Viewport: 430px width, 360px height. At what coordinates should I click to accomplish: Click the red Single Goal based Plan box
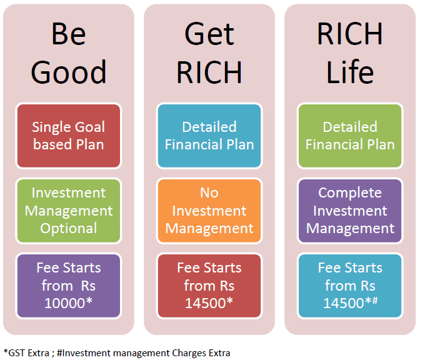69,136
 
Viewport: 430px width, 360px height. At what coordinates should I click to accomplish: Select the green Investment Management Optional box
69,211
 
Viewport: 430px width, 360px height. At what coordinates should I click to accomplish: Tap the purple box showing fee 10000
69,286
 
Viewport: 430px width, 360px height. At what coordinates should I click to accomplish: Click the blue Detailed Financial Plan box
209,136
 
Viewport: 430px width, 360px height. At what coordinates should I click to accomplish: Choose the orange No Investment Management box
209,211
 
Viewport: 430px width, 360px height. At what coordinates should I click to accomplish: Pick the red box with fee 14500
209,286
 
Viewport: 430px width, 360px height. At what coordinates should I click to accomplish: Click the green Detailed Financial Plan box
350,136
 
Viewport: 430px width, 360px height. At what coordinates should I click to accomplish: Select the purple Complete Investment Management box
350,211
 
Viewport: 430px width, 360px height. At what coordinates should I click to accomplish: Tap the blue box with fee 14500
350,286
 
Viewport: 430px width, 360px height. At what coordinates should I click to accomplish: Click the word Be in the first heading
69,34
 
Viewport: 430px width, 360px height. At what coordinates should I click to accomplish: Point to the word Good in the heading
69,72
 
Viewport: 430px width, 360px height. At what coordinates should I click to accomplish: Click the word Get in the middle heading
209,34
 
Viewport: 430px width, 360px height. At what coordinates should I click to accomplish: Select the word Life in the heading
350,71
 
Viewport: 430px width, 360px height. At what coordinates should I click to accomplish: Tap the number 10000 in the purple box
65,303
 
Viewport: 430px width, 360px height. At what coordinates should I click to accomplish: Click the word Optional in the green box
69,229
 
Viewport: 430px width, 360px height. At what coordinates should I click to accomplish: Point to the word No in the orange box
209,192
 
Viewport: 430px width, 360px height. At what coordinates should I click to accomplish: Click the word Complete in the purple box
350,193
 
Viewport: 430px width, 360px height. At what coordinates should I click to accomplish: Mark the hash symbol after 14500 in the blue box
375,301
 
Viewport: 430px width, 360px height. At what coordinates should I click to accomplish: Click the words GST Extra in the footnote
29,353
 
